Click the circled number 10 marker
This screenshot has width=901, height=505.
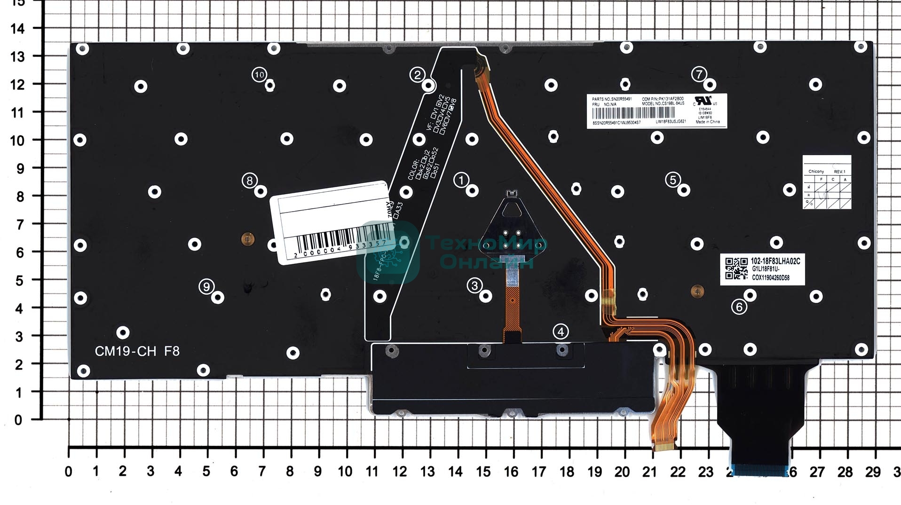(259, 74)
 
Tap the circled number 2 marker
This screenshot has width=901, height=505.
(417, 74)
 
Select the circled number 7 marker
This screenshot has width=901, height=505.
(699, 74)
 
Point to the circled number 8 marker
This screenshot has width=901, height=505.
(249, 181)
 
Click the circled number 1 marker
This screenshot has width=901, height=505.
(461, 180)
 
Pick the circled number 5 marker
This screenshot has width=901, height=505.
(673, 180)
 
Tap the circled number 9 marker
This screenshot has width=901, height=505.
(206, 286)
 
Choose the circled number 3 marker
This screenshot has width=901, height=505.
(474, 285)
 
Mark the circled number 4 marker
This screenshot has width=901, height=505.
(560, 331)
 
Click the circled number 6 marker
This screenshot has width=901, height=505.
(739, 307)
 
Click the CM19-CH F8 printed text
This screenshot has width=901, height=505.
(137, 351)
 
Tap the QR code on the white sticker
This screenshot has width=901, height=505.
(736, 268)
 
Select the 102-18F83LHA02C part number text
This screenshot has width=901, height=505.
(775, 261)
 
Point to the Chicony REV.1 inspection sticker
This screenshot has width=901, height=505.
(826, 182)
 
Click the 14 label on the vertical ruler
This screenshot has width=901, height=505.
(17, 29)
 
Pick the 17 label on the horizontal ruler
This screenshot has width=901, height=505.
(539, 472)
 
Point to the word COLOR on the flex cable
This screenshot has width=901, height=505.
(413, 170)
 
